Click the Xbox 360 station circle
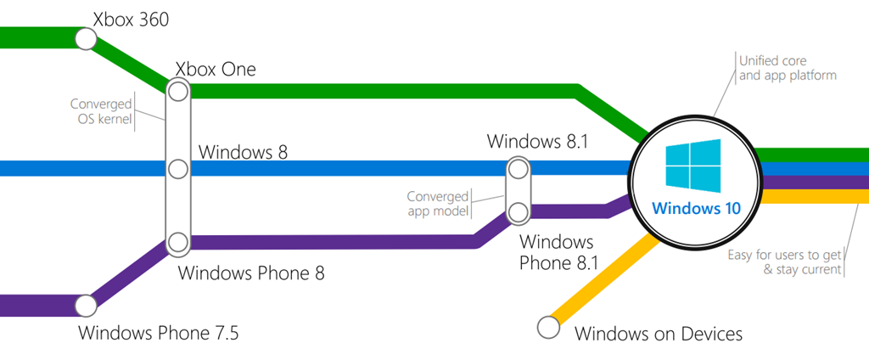click(85, 38)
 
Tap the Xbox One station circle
click(178, 90)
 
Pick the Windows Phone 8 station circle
click(178, 243)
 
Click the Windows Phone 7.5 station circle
click(85, 305)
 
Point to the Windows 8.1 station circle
click(518, 169)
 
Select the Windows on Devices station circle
click(549, 325)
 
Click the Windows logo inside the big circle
click(693, 164)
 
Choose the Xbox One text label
click(216, 69)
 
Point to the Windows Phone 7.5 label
click(159, 332)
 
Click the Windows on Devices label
click(659, 333)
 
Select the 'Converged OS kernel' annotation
click(102, 112)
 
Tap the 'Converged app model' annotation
click(439, 203)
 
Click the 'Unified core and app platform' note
click(788, 68)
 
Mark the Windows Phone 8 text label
click(251, 273)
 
